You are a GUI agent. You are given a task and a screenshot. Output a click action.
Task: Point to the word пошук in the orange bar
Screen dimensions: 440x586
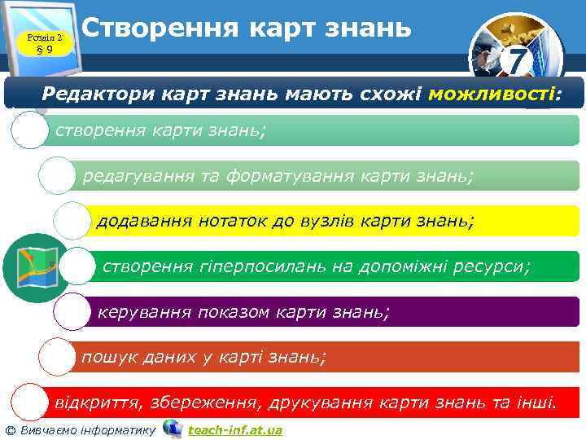tap(103, 356)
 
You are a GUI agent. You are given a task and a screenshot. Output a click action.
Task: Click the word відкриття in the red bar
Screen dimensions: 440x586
tap(91, 402)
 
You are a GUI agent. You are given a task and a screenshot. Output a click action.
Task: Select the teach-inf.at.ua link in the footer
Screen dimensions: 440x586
tap(235, 429)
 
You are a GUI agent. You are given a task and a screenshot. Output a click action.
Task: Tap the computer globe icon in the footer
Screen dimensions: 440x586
tap(173, 428)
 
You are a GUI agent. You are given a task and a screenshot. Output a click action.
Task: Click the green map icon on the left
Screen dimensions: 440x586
tap(30, 267)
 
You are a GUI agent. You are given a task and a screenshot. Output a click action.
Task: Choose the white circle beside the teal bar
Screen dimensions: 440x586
tap(29, 130)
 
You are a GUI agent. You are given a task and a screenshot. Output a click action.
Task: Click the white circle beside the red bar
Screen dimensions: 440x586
tap(29, 403)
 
